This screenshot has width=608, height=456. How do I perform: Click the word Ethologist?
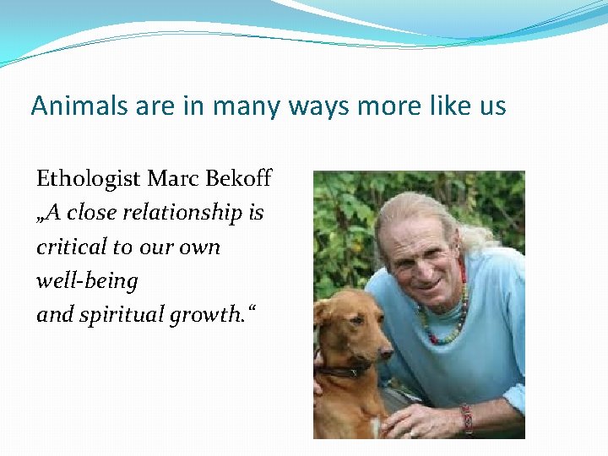point(88,179)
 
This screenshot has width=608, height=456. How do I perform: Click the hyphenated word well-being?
point(86,280)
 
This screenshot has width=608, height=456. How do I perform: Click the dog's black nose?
point(386,347)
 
